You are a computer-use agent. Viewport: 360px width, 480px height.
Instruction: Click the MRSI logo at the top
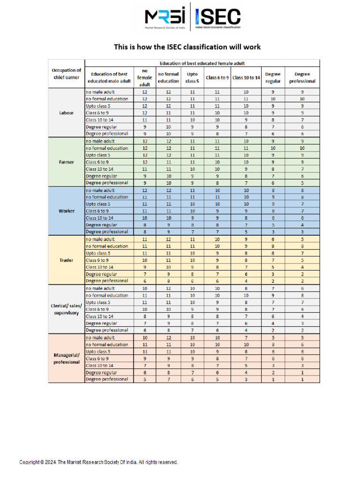165,18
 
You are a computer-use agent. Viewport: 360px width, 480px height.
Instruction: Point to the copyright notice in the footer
98,462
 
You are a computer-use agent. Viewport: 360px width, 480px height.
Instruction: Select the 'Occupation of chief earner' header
66,74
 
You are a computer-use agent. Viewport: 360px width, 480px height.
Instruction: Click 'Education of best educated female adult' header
202,63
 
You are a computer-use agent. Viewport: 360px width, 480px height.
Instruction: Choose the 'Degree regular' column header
273,77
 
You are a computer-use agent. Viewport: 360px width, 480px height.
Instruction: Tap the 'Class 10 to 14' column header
246,77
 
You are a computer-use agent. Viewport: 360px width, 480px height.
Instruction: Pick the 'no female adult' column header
144,77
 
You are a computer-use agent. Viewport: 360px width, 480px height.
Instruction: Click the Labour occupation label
66,112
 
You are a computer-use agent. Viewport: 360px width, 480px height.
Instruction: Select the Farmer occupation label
66,162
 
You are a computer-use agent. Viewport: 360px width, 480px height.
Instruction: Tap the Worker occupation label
66,211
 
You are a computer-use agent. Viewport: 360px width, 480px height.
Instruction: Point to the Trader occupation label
66,260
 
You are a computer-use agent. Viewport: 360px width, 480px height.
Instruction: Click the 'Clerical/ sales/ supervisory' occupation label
66,309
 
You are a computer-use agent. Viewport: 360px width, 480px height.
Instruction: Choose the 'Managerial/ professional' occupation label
66,358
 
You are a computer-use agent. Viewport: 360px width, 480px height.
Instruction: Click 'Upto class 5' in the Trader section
98,253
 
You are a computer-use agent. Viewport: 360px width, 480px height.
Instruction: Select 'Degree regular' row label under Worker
101,225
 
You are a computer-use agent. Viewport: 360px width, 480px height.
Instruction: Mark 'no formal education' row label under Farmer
106,148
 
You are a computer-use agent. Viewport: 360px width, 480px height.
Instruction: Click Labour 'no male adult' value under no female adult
144,92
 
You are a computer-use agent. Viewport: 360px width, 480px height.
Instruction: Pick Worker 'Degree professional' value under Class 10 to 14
246,232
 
